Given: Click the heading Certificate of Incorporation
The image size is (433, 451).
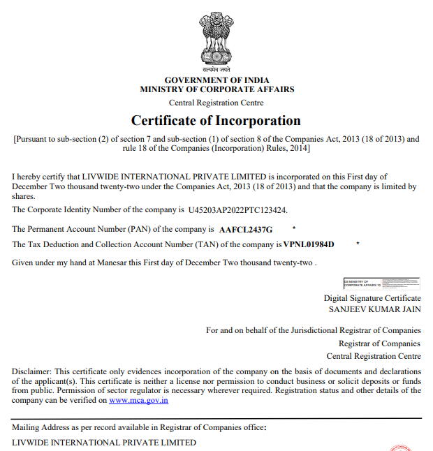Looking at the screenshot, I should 216,120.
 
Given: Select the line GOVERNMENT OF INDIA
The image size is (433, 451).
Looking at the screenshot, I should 216,80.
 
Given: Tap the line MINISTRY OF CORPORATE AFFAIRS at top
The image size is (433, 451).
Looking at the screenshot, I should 216,89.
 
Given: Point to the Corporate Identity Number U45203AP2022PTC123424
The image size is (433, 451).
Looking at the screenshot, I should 237,209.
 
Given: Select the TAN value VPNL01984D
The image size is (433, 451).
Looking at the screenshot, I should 309,244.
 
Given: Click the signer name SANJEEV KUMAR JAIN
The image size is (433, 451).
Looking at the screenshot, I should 374,309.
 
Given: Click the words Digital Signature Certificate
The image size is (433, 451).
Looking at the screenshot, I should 372,298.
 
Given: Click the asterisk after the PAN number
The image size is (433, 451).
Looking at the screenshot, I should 293,228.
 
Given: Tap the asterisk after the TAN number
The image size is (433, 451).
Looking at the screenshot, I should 358,244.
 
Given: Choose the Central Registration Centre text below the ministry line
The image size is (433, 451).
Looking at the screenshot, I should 216,103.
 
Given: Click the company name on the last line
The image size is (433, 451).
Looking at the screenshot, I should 104,443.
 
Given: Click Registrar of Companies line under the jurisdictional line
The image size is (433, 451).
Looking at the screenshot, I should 379,343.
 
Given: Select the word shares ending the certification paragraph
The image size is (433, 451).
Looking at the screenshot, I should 24,197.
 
